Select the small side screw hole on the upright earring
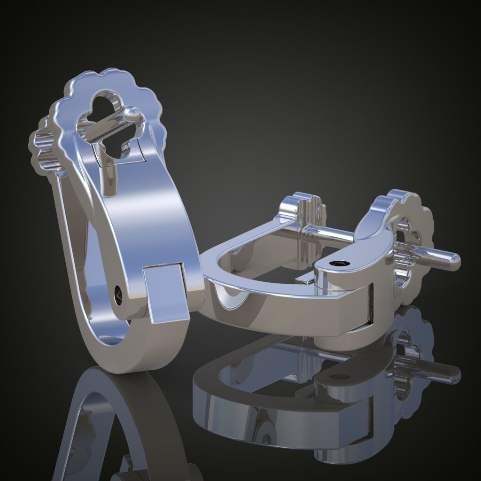(117, 295)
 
